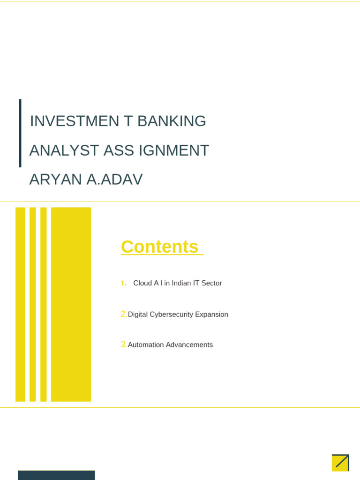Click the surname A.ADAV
[x=114, y=180]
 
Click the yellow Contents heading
[x=160, y=247]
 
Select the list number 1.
[x=123, y=283]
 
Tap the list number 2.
[x=124, y=314]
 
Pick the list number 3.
[x=124, y=345]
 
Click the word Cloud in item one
[x=142, y=283]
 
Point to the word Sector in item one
[x=211, y=283]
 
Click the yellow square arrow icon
[x=340, y=463]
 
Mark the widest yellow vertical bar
[x=71, y=304]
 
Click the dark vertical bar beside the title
[x=20, y=133]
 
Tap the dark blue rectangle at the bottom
[x=56, y=475]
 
